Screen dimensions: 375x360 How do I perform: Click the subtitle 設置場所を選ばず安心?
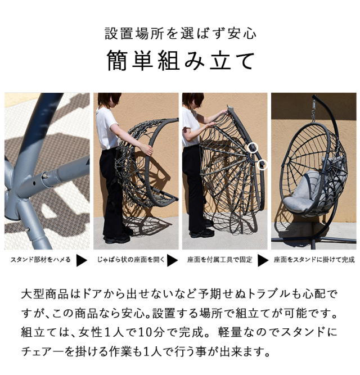tap(180, 33)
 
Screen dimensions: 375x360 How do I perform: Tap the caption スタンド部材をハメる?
tap(40, 260)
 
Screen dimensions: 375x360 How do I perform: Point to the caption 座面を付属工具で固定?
tap(219, 260)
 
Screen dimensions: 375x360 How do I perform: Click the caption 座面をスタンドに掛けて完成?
tap(314, 260)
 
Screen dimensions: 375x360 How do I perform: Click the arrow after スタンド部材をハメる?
tap(81, 260)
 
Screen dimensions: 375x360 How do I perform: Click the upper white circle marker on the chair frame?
tap(253, 148)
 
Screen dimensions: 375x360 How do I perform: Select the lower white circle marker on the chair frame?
tap(262, 165)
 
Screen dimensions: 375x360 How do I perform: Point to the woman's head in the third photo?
tap(192, 101)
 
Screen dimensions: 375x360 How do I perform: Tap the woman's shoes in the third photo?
tap(201, 232)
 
